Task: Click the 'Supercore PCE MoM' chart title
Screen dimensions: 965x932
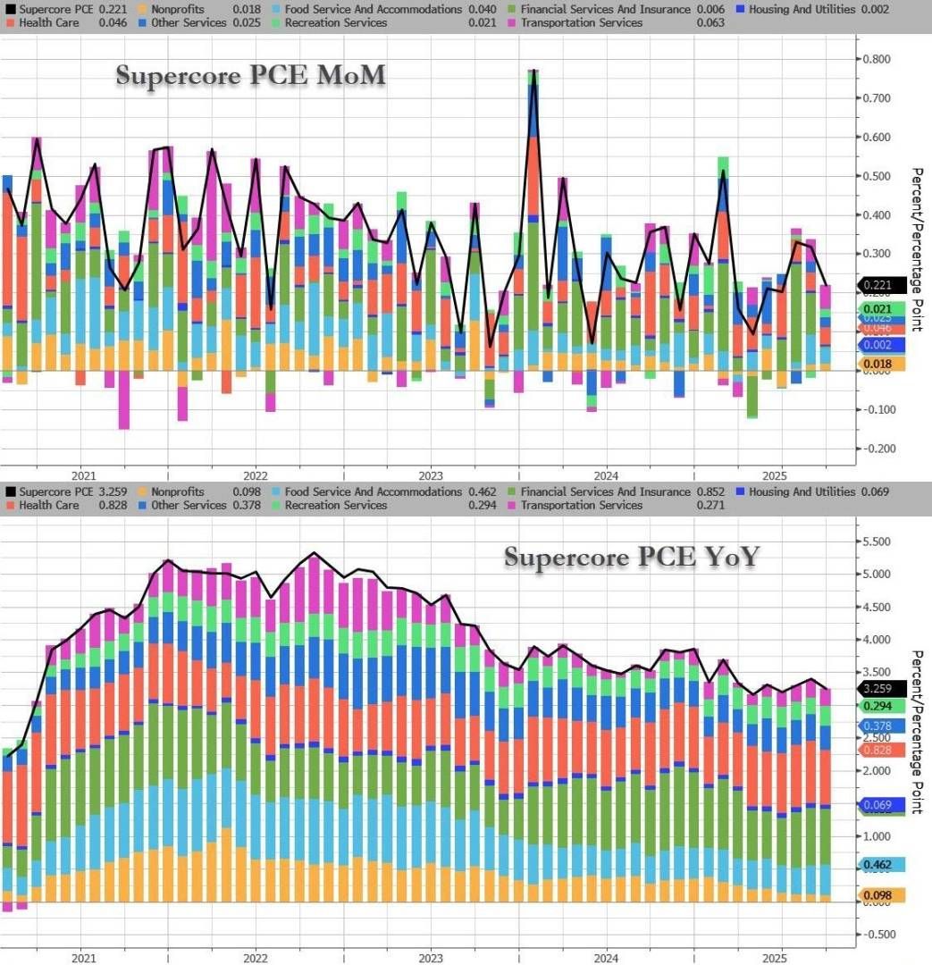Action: pos(250,77)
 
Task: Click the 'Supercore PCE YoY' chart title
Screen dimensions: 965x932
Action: pos(632,558)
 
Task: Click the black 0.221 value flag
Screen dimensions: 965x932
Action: pos(881,286)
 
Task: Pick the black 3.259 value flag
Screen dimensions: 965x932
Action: pos(881,689)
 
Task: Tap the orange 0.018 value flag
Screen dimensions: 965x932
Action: pos(881,364)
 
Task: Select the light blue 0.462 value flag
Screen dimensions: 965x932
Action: pos(881,865)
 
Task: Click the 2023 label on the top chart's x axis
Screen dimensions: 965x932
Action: pos(430,474)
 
